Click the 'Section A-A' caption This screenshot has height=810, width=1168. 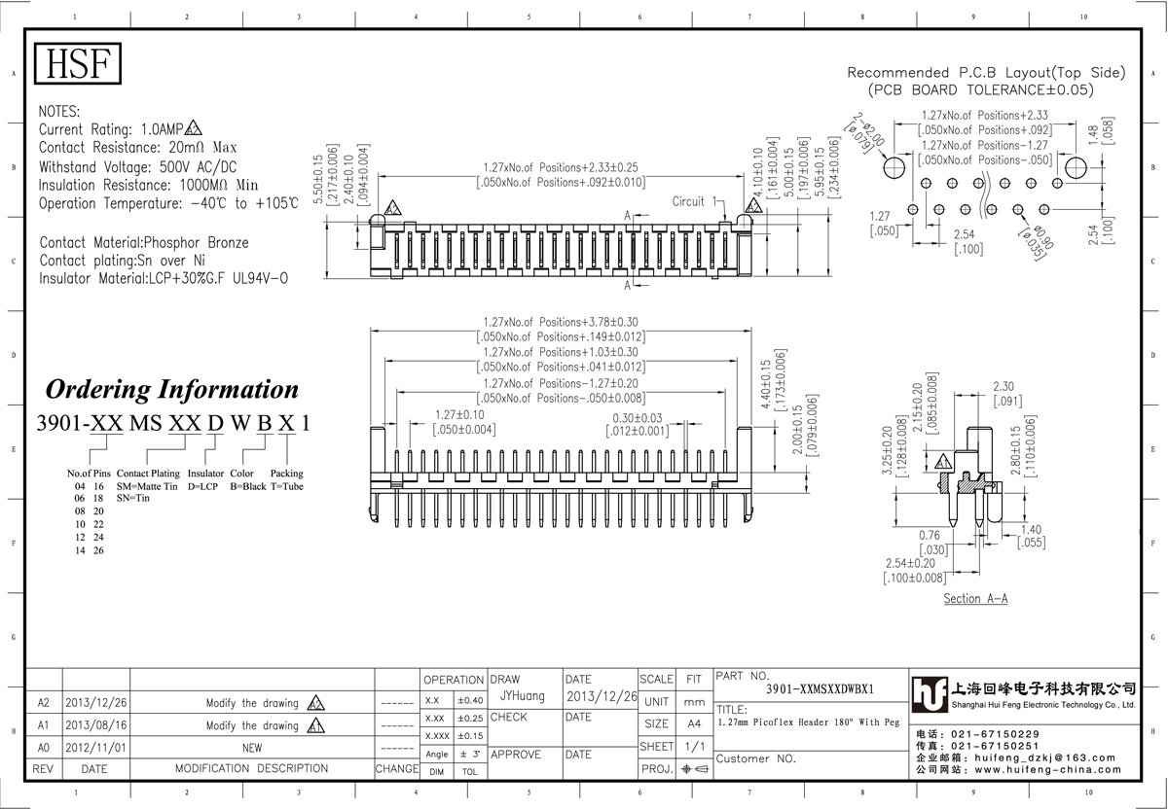(x=975, y=599)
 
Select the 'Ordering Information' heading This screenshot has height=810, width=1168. (x=172, y=390)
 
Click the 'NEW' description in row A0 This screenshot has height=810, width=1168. (x=252, y=748)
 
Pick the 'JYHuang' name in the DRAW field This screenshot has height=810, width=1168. (x=522, y=696)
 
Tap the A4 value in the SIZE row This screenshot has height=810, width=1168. (x=694, y=724)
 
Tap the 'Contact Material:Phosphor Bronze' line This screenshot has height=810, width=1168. (x=144, y=242)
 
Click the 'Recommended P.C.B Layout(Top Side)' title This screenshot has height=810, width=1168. (x=986, y=73)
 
